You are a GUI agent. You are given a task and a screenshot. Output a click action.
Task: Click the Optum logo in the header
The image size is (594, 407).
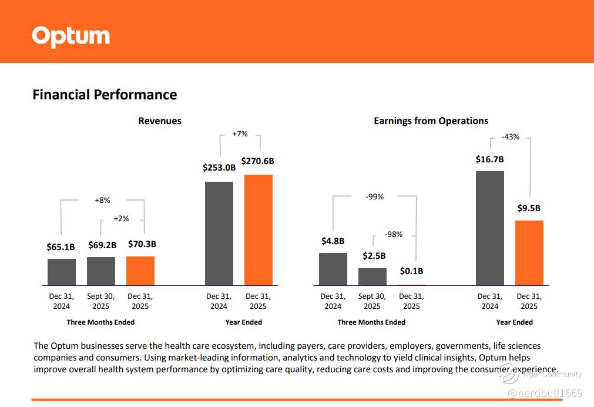coord(71,36)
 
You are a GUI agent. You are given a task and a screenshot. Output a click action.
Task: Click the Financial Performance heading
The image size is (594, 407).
coord(105,95)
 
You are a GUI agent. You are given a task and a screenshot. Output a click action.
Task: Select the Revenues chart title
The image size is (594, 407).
coord(160,121)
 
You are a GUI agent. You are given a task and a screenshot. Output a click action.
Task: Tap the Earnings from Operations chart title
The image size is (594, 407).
coord(431,121)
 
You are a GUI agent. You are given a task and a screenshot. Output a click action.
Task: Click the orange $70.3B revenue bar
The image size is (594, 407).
coord(140,271)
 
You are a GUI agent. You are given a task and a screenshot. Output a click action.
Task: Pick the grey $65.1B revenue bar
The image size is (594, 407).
coord(62,272)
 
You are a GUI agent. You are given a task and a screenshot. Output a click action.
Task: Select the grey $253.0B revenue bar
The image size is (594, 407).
coord(219,233)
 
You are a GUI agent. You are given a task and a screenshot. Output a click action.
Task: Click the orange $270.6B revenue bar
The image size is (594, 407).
coord(259,230)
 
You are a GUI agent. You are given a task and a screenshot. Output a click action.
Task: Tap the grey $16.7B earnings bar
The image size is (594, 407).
coord(490,228)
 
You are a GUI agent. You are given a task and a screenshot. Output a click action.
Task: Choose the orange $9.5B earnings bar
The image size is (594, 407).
coord(529,253)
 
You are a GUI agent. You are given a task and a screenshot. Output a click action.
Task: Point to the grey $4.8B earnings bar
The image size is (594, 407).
coord(333,269)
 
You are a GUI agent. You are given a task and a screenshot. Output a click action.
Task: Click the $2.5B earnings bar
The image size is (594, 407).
coord(372,276)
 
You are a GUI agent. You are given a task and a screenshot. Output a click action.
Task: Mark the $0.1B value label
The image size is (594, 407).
coord(411,271)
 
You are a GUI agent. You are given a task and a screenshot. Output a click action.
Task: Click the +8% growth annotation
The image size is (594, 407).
coord(102,200)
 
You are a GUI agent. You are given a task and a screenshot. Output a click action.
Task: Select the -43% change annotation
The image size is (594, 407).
coord(510,137)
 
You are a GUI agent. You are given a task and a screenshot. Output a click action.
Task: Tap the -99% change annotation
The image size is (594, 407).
coord(374,196)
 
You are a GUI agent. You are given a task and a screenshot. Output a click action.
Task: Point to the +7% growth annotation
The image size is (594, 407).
coord(240,134)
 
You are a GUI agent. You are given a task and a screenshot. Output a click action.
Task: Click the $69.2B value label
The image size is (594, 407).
coord(102,245)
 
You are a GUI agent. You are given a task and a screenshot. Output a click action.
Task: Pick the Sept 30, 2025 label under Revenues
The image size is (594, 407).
coord(101,301)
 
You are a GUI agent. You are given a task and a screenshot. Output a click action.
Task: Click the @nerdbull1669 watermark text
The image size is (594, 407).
coord(545,393)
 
